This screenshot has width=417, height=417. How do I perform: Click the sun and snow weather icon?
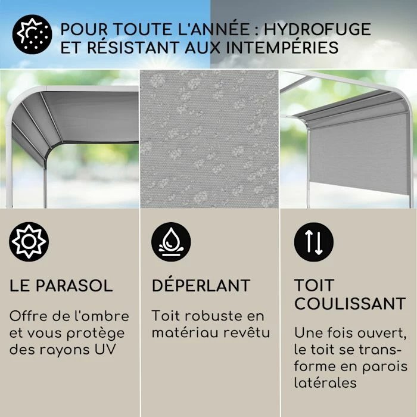tap(32, 35)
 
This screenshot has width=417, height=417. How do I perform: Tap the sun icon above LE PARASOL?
tap(29, 241)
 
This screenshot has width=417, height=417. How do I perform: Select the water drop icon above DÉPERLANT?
tap(171, 242)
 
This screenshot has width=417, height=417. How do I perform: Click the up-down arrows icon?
tap(314, 242)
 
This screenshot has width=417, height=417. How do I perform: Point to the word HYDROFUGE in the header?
tap(318, 29)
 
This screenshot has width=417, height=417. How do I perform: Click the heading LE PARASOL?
tap(61, 285)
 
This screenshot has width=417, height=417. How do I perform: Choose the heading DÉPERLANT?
tap(201, 285)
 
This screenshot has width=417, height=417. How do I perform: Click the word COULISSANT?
tap(350, 303)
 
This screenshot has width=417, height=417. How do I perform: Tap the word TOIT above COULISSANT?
tap(314, 285)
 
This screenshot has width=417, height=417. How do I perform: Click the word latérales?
tap(325, 382)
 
